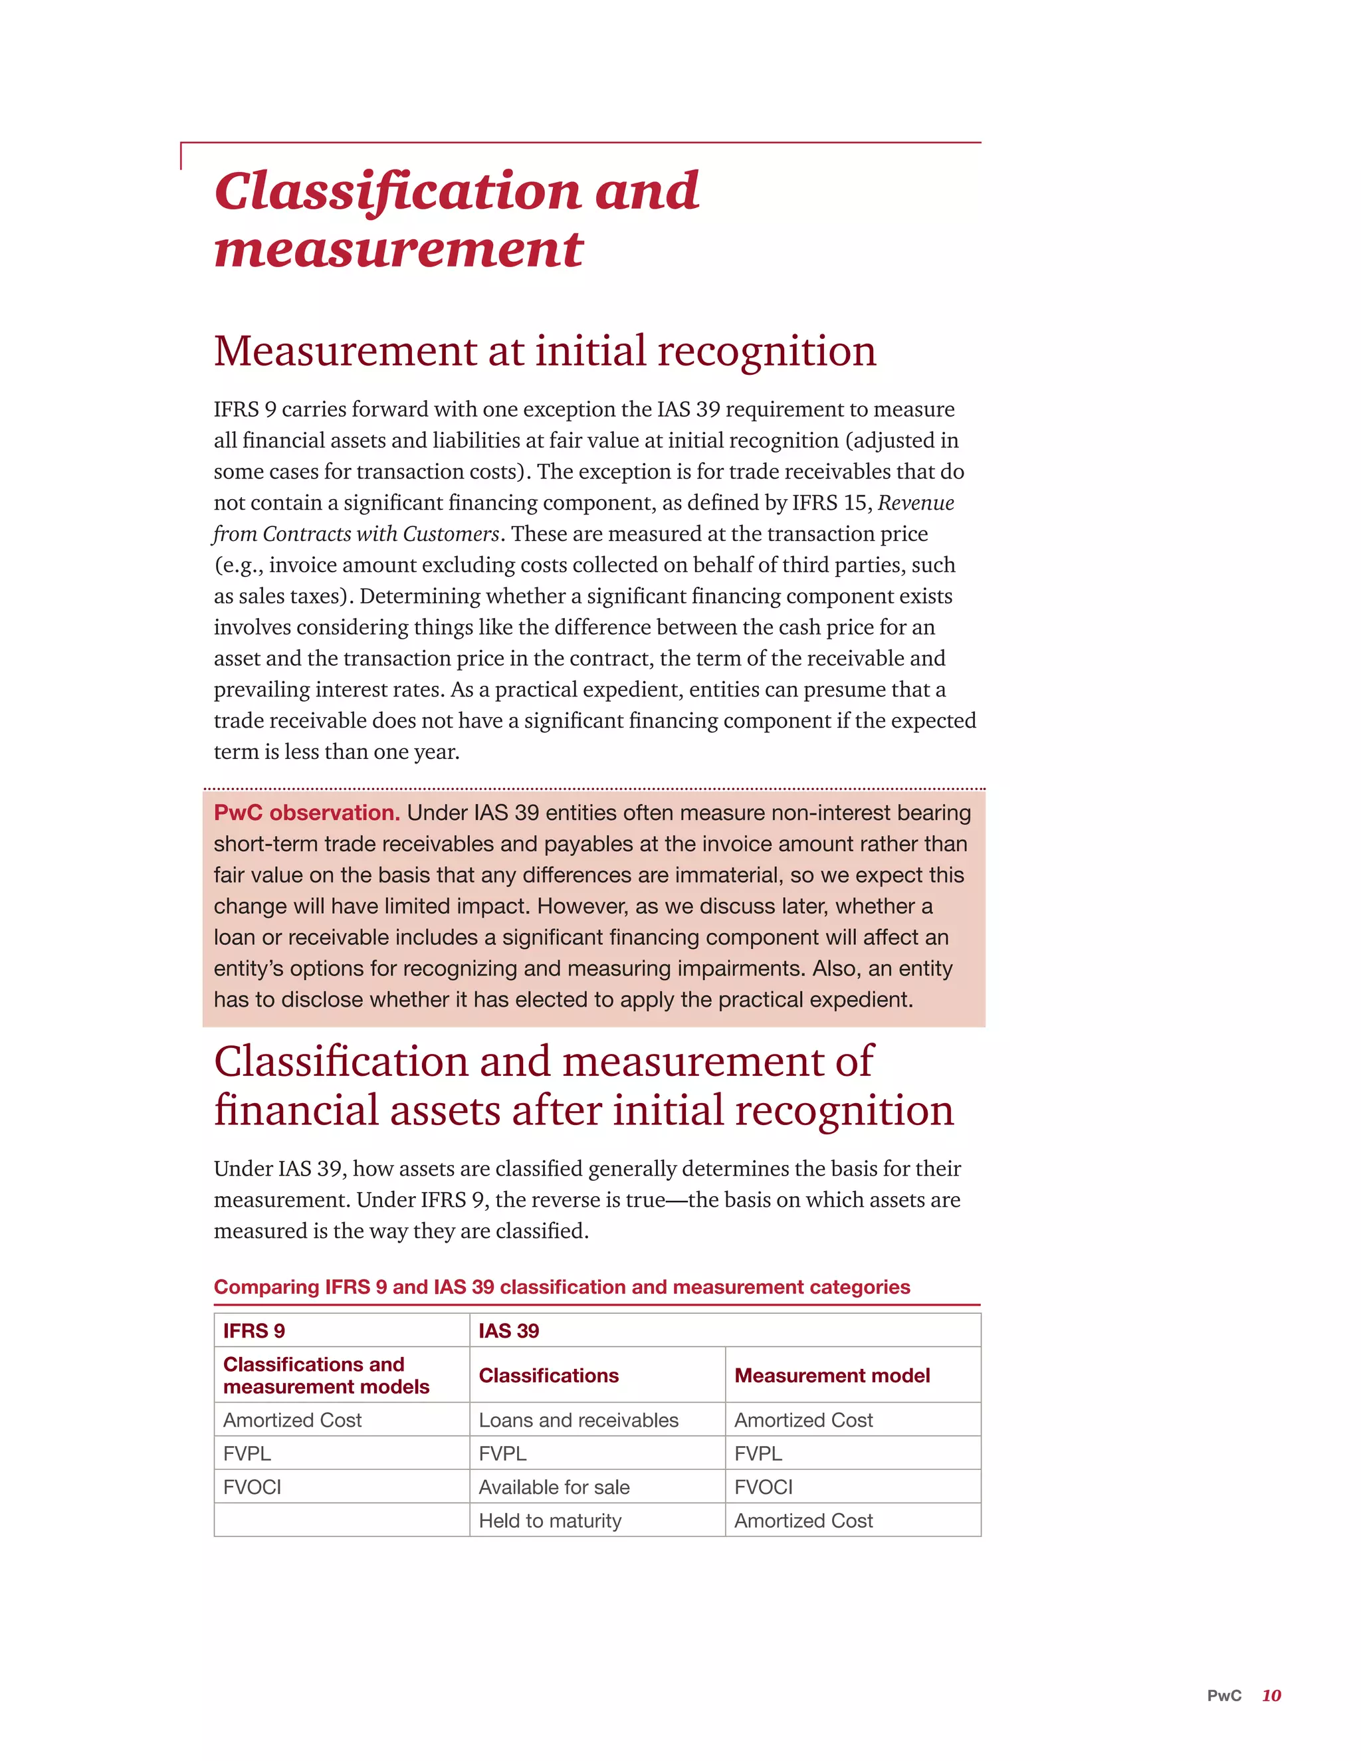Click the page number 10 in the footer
click(1271, 1696)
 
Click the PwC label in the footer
click(1223, 1696)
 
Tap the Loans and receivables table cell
click(578, 1420)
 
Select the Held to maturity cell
click(550, 1520)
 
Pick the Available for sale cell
click(554, 1487)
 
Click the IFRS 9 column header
click(254, 1330)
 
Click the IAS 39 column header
click(509, 1330)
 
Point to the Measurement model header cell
click(831, 1376)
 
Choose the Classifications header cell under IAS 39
click(548, 1376)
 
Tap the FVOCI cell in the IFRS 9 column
click(253, 1487)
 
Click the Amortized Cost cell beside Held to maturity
click(803, 1520)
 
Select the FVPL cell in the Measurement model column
click(758, 1454)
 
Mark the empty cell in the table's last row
click(341, 1520)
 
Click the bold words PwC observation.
click(306, 813)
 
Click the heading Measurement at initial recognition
click(544, 352)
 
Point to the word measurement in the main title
click(398, 249)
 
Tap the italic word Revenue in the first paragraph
click(915, 503)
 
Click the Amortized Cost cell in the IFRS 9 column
click(292, 1420)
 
